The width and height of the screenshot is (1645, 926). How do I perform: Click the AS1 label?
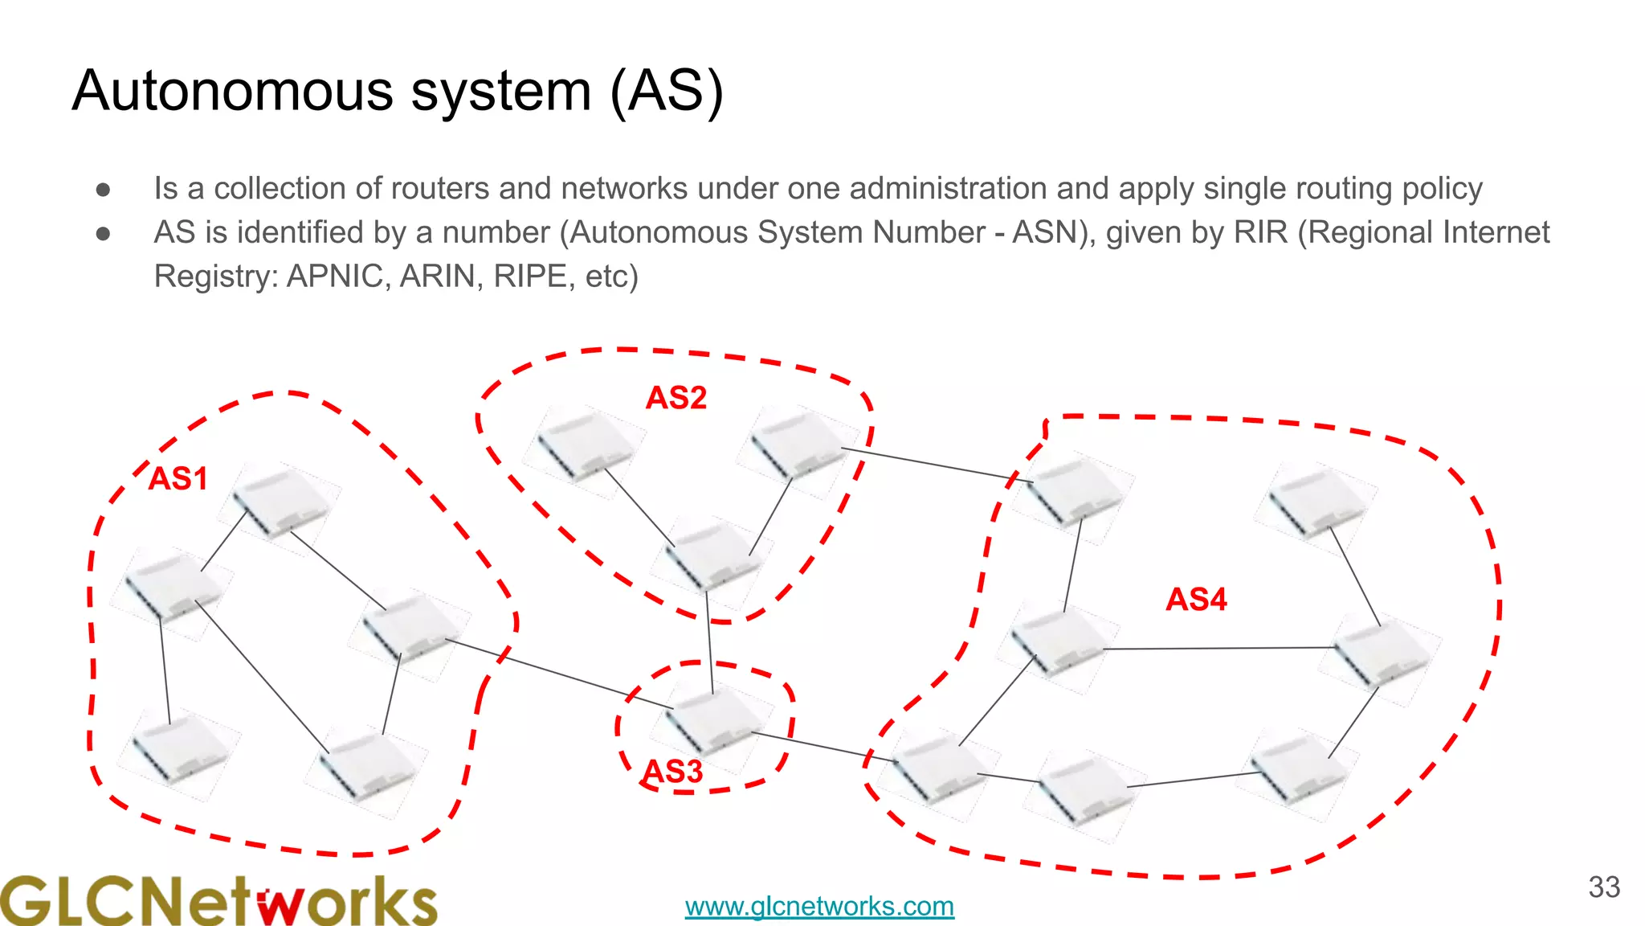pos(178,479)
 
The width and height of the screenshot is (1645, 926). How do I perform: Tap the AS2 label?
pos(676,398)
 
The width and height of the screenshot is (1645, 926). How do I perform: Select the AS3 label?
pos(672,772)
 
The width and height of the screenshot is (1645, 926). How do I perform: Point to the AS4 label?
pos(1196,600)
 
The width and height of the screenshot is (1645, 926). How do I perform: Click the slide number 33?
pos(1604,887)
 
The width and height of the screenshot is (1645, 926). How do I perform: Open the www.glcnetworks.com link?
pos(819,907)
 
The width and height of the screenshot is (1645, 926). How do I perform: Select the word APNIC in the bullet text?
pos(338,277)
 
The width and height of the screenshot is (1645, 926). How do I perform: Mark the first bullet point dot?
pos(103,190)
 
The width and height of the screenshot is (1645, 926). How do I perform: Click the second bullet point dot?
pos(103,234)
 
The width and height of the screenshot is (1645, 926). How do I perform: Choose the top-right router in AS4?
pos(1315,501)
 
